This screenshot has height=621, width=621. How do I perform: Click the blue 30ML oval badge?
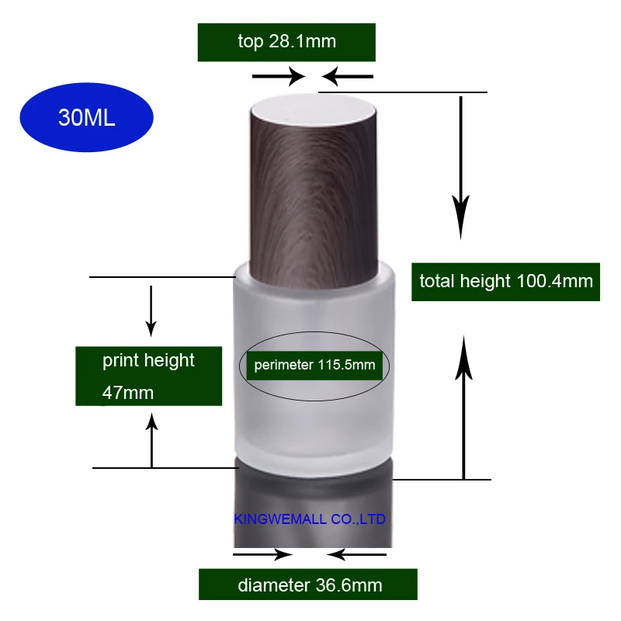pos(86,117)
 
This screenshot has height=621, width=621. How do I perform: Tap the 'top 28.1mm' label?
pos(286,42)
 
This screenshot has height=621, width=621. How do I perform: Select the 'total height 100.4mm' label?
pos(506,282)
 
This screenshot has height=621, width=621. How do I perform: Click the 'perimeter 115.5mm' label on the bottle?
pos(314,365)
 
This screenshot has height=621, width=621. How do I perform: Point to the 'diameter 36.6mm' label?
pos(308,585)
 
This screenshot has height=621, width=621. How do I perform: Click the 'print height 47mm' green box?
pos(148,376)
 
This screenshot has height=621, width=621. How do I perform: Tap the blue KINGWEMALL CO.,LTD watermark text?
pos(310,519)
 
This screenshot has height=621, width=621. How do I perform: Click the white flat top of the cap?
pos(313,107)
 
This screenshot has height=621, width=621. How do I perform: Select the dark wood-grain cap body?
pos(313,198)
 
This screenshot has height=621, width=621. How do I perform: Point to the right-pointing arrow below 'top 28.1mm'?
pos(279,76)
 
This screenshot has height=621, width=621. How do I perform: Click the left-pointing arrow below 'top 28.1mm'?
pos(347,76)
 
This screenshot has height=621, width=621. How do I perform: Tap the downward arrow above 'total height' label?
pos(460,168)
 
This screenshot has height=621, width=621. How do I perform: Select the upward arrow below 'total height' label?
pos(463,408)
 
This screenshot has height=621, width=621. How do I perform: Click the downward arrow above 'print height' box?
pos(151,311)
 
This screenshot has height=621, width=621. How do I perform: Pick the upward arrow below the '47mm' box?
pos(151,440)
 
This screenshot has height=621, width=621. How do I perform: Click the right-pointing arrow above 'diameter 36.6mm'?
pos(263,554)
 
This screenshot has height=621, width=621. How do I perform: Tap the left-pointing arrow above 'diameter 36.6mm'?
pos(356,554)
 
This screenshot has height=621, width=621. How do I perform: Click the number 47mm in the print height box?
pos(128,393)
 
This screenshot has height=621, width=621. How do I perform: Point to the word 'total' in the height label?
pos(437,281)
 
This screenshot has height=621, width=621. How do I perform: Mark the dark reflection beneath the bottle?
pos(314,502)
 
